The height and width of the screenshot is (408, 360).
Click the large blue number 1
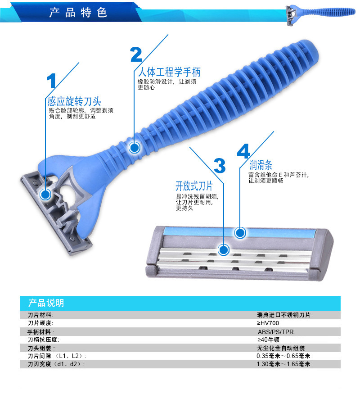51,81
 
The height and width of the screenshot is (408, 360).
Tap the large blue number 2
136,54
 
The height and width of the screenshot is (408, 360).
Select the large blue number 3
220,165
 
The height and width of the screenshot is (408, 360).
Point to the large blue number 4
243,151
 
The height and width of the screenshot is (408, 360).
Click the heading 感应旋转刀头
74,101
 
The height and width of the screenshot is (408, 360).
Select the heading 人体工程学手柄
169,72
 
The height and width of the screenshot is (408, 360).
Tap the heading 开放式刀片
194,186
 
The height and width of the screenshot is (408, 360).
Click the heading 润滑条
261,165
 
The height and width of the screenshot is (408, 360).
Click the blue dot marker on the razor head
45,194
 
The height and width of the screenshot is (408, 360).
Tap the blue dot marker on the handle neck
135,148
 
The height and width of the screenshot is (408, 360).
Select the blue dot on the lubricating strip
240,232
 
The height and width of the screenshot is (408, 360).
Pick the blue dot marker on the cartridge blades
223,250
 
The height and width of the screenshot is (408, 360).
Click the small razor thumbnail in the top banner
320,14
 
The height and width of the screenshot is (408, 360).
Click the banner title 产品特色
78,13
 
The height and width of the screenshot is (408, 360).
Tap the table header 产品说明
46,303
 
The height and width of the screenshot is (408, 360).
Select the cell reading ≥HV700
268,323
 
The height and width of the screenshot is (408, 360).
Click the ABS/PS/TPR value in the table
275,332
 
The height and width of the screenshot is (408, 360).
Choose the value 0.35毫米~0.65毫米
283,356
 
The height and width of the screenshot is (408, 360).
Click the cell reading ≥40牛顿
268,340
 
